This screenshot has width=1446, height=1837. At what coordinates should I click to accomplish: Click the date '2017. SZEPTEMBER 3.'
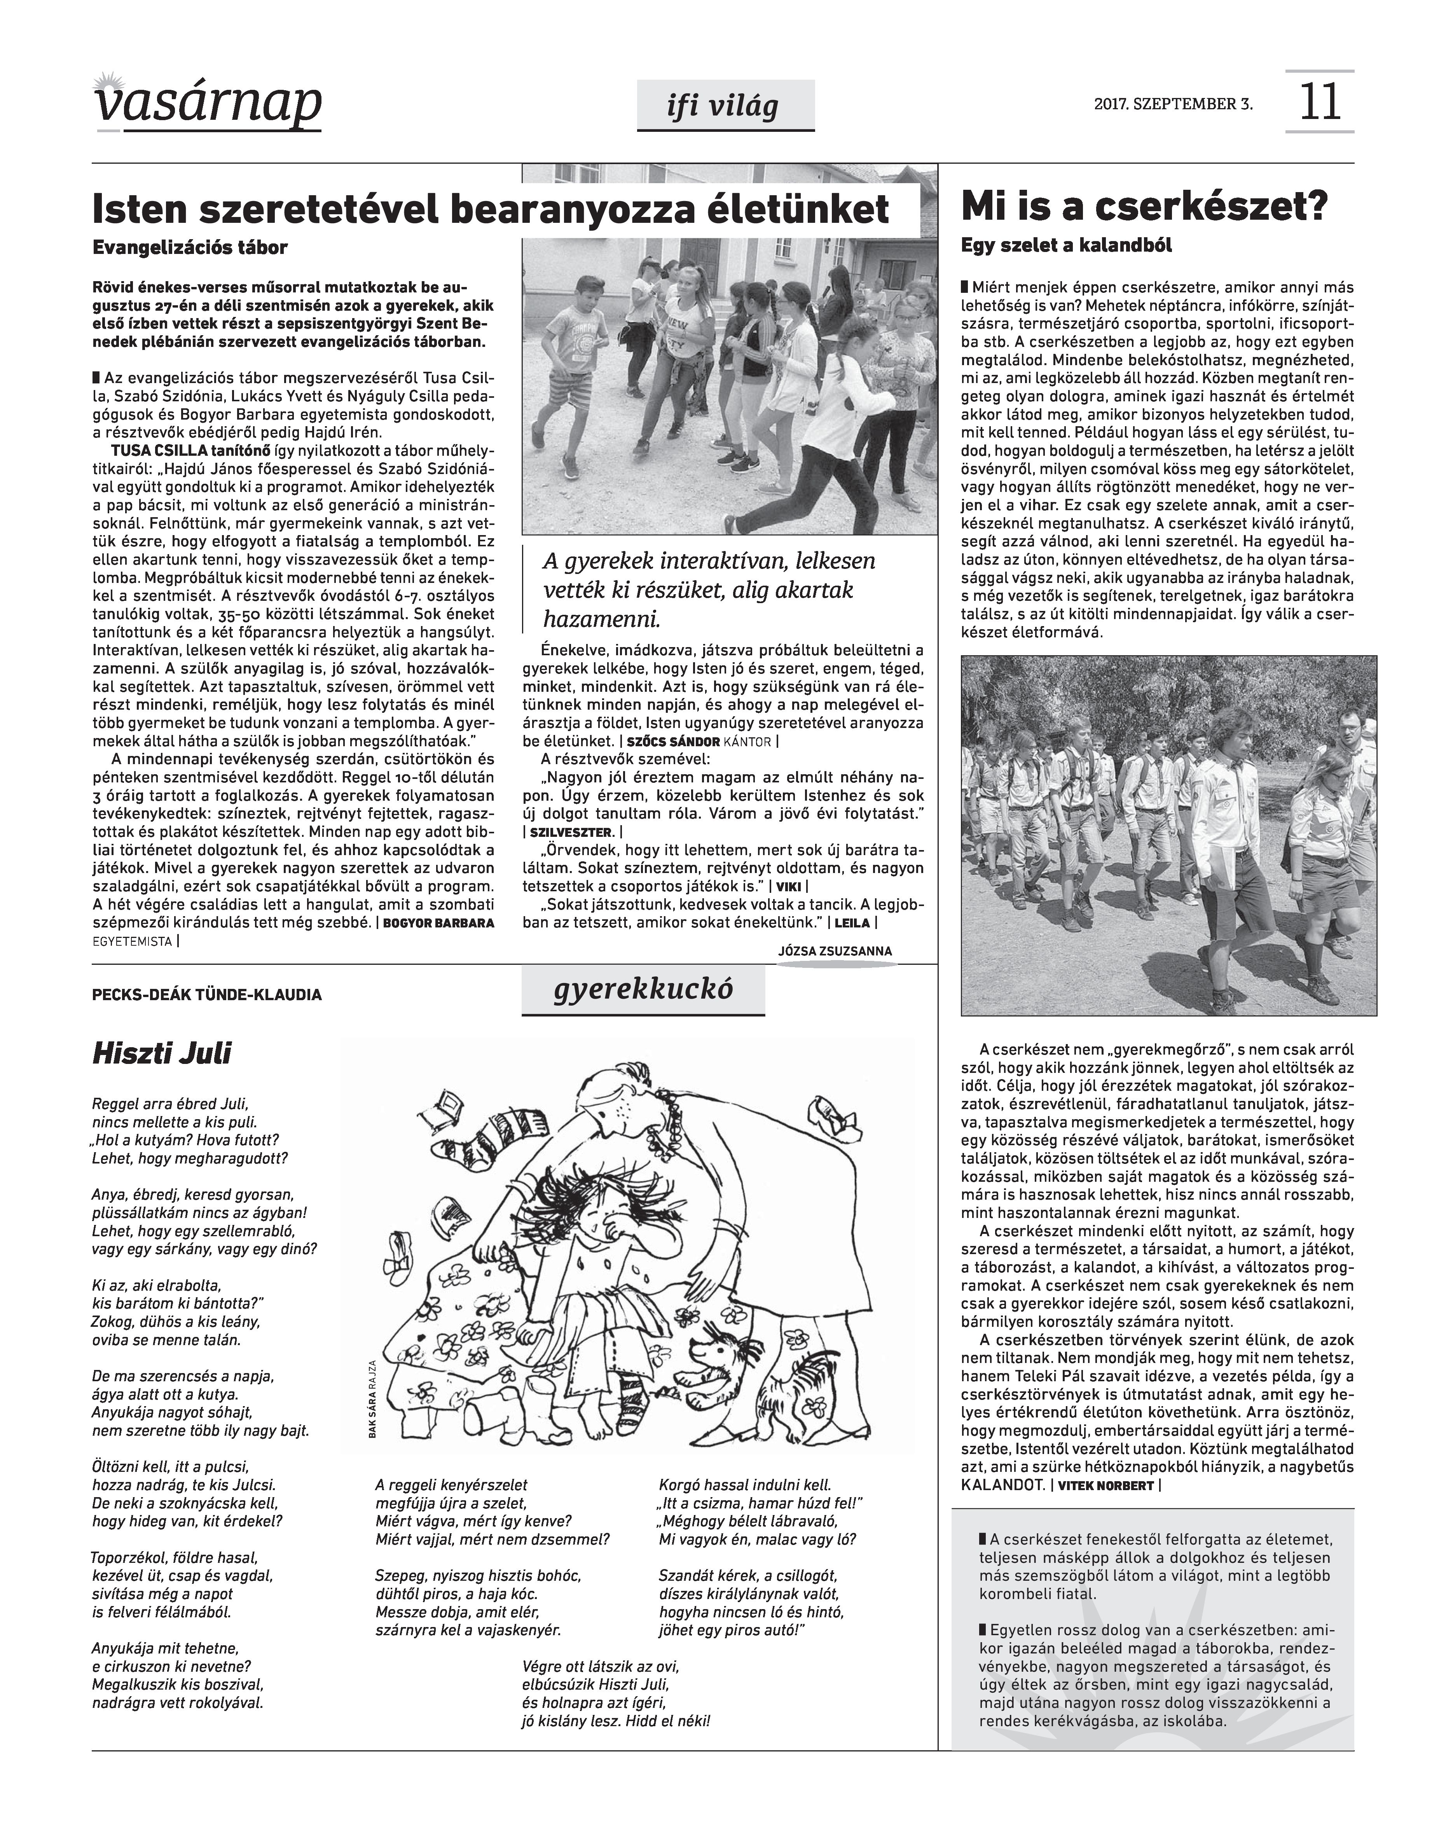[1173, 105]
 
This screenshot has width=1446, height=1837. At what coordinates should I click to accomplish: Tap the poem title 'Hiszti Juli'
[161, 1055]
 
